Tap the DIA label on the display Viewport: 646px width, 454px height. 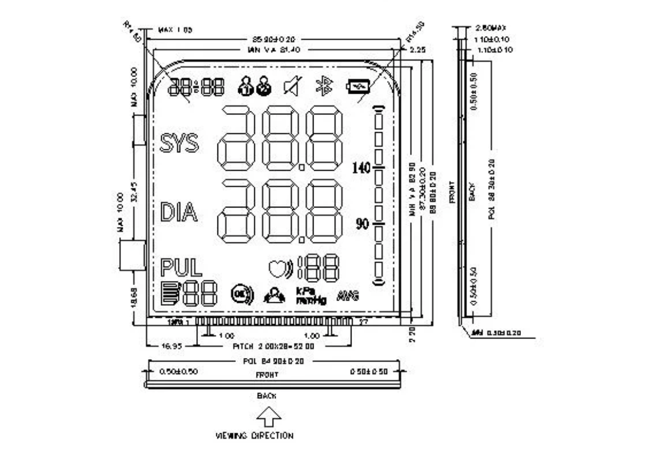tap(178, 212)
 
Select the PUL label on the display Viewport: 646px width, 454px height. tap(181, 268)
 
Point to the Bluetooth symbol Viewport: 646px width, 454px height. tap(324, 87)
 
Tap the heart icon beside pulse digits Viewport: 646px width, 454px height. tap(277, 268)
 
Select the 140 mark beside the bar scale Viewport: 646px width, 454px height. tap(361, 168)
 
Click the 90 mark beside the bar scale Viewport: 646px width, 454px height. tap(362, 224)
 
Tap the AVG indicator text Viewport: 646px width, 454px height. tap(348, 295)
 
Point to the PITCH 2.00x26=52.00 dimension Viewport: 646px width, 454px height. tap(270, 345)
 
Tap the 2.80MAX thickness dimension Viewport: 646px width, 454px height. tap(490, 28)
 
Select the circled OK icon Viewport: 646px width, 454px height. tap(242, 293)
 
